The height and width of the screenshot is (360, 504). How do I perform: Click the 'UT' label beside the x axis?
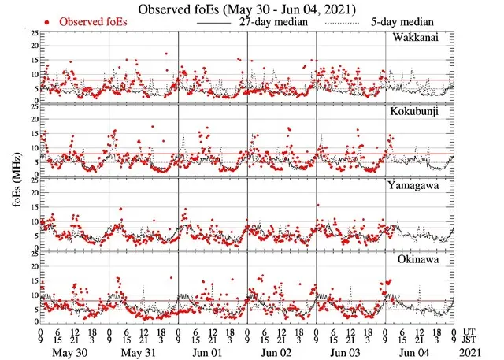coord(470,332)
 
